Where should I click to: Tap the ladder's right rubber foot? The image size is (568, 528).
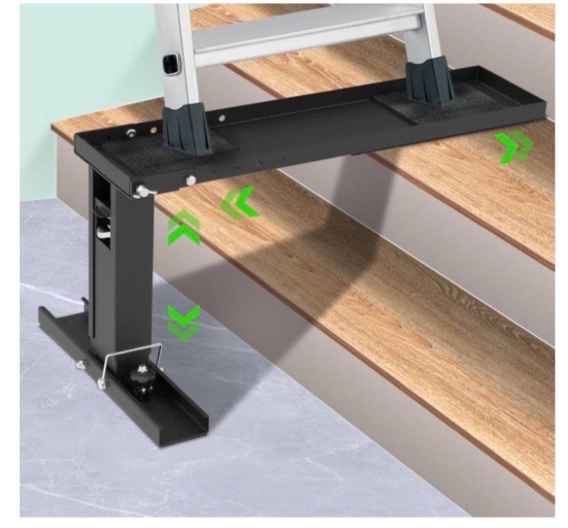(430, 83)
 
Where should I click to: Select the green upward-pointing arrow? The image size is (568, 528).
(182, 228)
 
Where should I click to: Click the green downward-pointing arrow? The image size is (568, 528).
(184, 321)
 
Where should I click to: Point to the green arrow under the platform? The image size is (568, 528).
(239, 203)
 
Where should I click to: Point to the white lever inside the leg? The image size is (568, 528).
(102, 229)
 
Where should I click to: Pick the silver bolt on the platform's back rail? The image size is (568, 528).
(131, 133)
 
